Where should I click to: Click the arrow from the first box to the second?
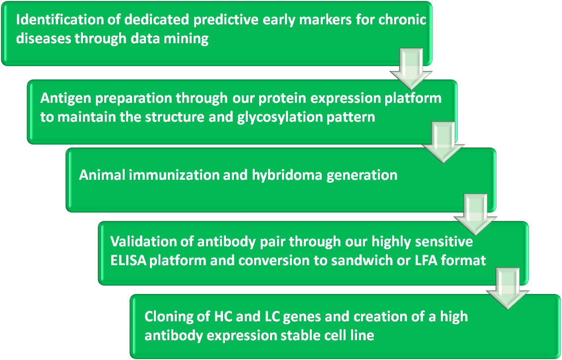point(411,69)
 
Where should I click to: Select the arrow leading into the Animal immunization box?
point(443,143)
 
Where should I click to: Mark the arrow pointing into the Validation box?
point(475,215)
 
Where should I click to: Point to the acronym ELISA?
point(128,261)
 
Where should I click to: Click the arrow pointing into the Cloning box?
point(507,288)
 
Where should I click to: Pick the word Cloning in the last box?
point(168,317)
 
